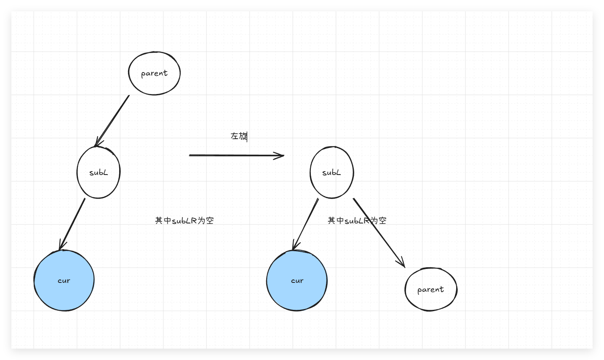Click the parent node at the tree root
[x=154, y=73]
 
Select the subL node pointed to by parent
[x=99, y=172]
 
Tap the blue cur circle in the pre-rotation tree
[x=64, y=281]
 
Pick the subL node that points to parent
[x=331, y=172]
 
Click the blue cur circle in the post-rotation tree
[x=297, y=281]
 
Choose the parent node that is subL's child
[x=430, y=290]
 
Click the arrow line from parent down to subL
[x=113, y=120]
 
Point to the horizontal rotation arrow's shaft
[x=232, y=155]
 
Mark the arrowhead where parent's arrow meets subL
[x=98, y=143]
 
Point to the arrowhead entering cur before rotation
[x=61, y=246]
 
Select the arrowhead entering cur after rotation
[x=295, y=246]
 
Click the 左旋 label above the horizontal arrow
[x=239, y=136]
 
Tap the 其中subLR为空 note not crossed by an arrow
[x=184, y=220]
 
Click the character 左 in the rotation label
[x=235, y=136]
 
